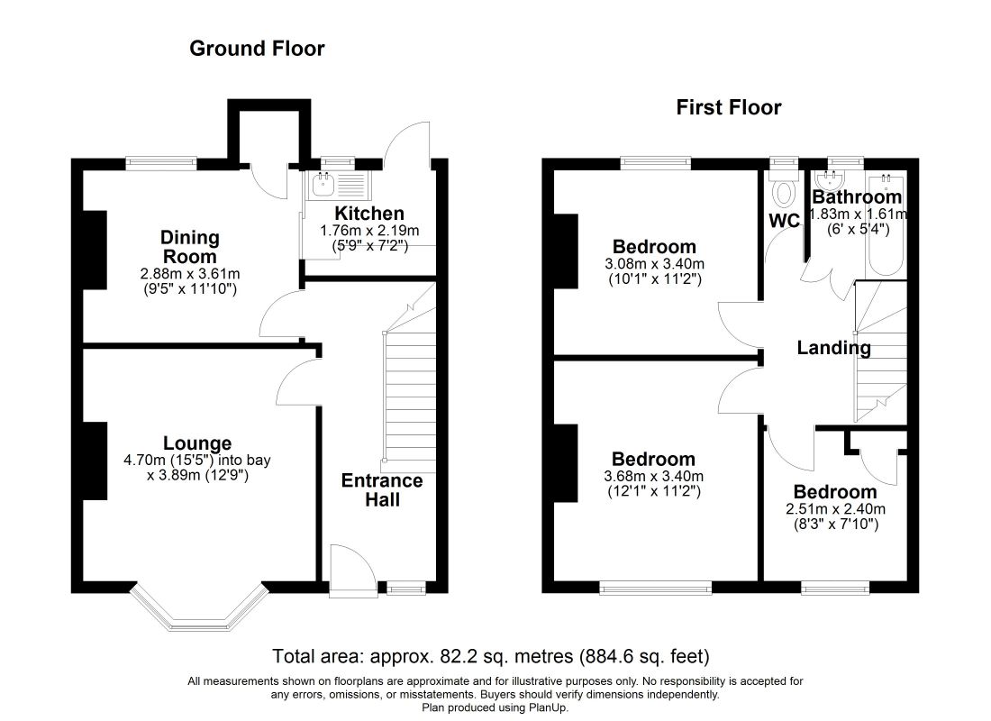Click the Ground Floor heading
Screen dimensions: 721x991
click(x=257, y=49)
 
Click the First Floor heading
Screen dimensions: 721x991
click(x=729, y=108)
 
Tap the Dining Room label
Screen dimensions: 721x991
click(x=189, y=247)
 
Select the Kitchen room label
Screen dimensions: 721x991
click(x=369, y=214)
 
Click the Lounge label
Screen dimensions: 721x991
click(x=197, y=443)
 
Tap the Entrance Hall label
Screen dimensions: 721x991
click(x=381, y=490)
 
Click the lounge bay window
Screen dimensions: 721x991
click(x=199, y=614)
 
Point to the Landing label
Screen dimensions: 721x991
click(x=834, y=348)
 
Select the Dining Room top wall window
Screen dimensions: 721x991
click(x=161, y=163)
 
